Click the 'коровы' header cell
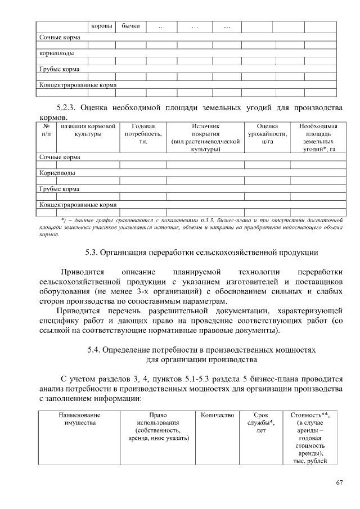(x=101, y=26)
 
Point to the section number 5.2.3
(x=68, y=107)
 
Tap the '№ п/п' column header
(x=46, y=130)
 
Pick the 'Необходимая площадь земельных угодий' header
(x=318, y=138)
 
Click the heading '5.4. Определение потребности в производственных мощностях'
(x=201, y=349)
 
